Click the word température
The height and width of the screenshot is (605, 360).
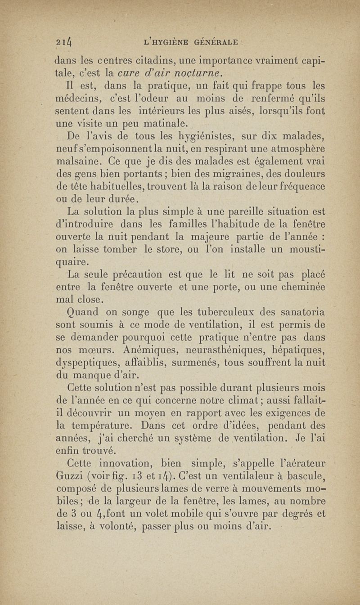pyautogui.click(x=106, y=424)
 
